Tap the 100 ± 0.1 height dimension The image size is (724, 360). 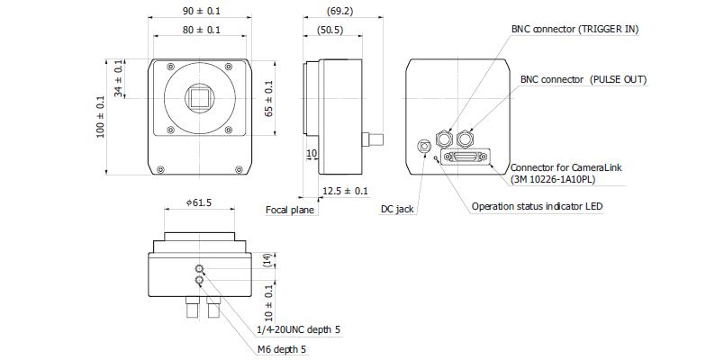click(101, 117)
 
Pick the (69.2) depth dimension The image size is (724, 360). click(342, 11)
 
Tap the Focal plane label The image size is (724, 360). click(290, 210)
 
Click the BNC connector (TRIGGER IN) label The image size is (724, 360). click(575, 29)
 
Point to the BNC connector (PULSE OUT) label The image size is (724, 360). click(584, 79)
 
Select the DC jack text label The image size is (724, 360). click(397, 209)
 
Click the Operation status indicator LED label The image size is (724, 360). click(537, 206)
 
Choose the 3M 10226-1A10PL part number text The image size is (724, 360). click(553, 179)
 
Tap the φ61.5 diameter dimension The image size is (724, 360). click(198, 203)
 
